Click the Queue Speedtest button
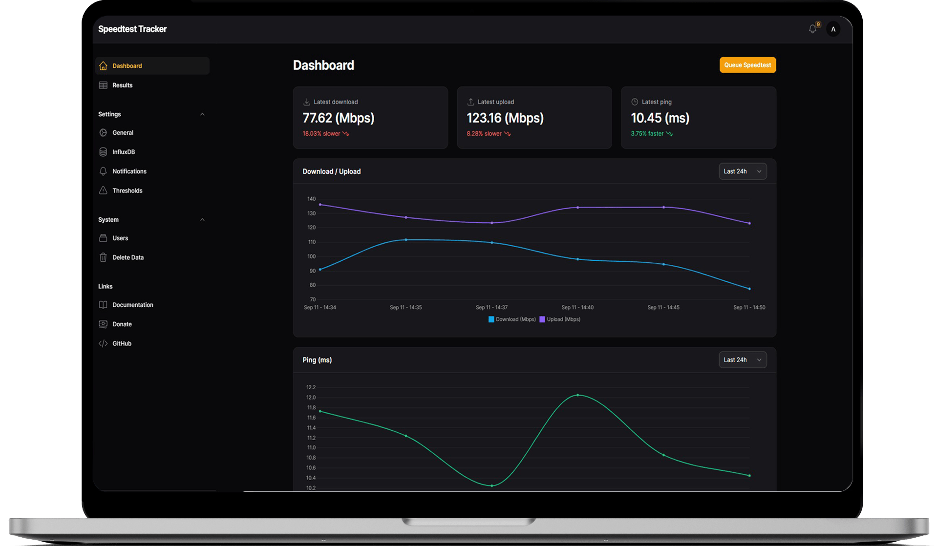point(747,65)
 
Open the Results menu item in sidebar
point(122,85)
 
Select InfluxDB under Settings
point(123,152)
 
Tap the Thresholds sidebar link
point(127,190)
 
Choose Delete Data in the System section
point(128,257)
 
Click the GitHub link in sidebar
point(122,343)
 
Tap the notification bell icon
point(812,29)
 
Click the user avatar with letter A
point(833,29)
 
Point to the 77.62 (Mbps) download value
point(338,118)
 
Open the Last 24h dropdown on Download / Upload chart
point(742,171)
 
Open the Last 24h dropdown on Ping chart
point(742,360)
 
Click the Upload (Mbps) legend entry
point(560,319)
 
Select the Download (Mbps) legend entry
point(512,319)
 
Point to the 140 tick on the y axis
point(311,199)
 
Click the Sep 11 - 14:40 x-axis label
point(577,307)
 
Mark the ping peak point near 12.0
point(577,395)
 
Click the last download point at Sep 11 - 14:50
point(749,289)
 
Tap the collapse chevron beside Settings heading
point(202,114)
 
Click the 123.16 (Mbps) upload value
point(505,118)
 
